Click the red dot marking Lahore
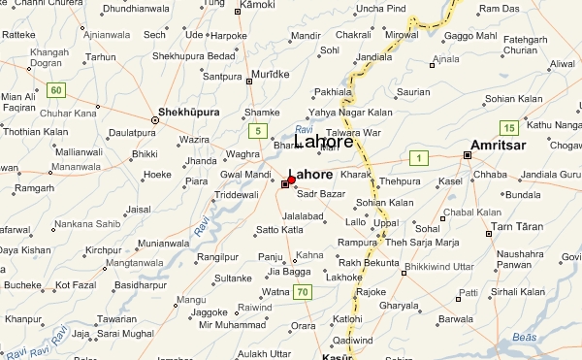tap(292, 180)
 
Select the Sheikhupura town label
tap(190, 111)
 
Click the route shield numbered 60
tap(56, 90)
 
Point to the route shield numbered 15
tap(509, 127)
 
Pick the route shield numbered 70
tap(303, 292)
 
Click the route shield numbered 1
tap(418, 158)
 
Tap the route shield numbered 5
tap(257, 130)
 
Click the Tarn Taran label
tap(516, 226)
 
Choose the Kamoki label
tap(256, 6)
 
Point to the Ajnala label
tap(446, 58)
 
